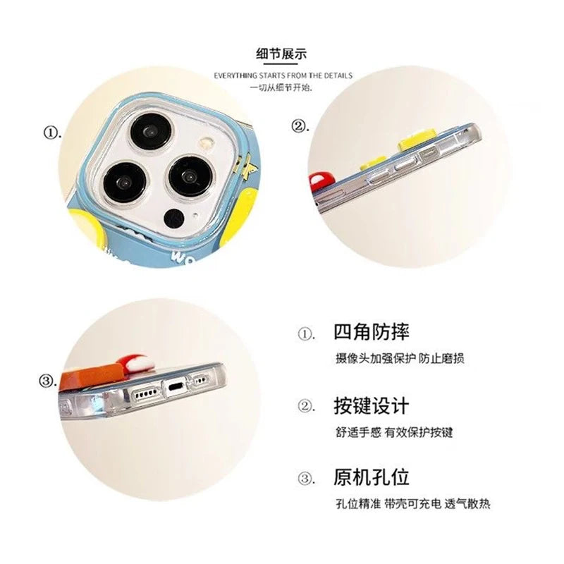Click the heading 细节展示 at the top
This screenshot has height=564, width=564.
281,54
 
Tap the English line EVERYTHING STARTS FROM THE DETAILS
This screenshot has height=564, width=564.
283,75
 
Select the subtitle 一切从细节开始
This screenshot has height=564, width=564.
281,87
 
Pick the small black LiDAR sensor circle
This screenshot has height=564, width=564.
174,218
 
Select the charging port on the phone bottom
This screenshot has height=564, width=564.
176,388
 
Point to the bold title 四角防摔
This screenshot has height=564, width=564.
372,332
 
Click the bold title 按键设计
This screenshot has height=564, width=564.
372,406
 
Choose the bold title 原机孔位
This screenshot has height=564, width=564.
372,477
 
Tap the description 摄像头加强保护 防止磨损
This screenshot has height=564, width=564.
400,358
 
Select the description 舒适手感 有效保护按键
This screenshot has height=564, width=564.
394,431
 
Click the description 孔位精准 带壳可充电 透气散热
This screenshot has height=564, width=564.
413,503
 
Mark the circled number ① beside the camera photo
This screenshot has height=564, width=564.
52,133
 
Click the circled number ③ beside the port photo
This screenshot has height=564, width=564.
47,381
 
